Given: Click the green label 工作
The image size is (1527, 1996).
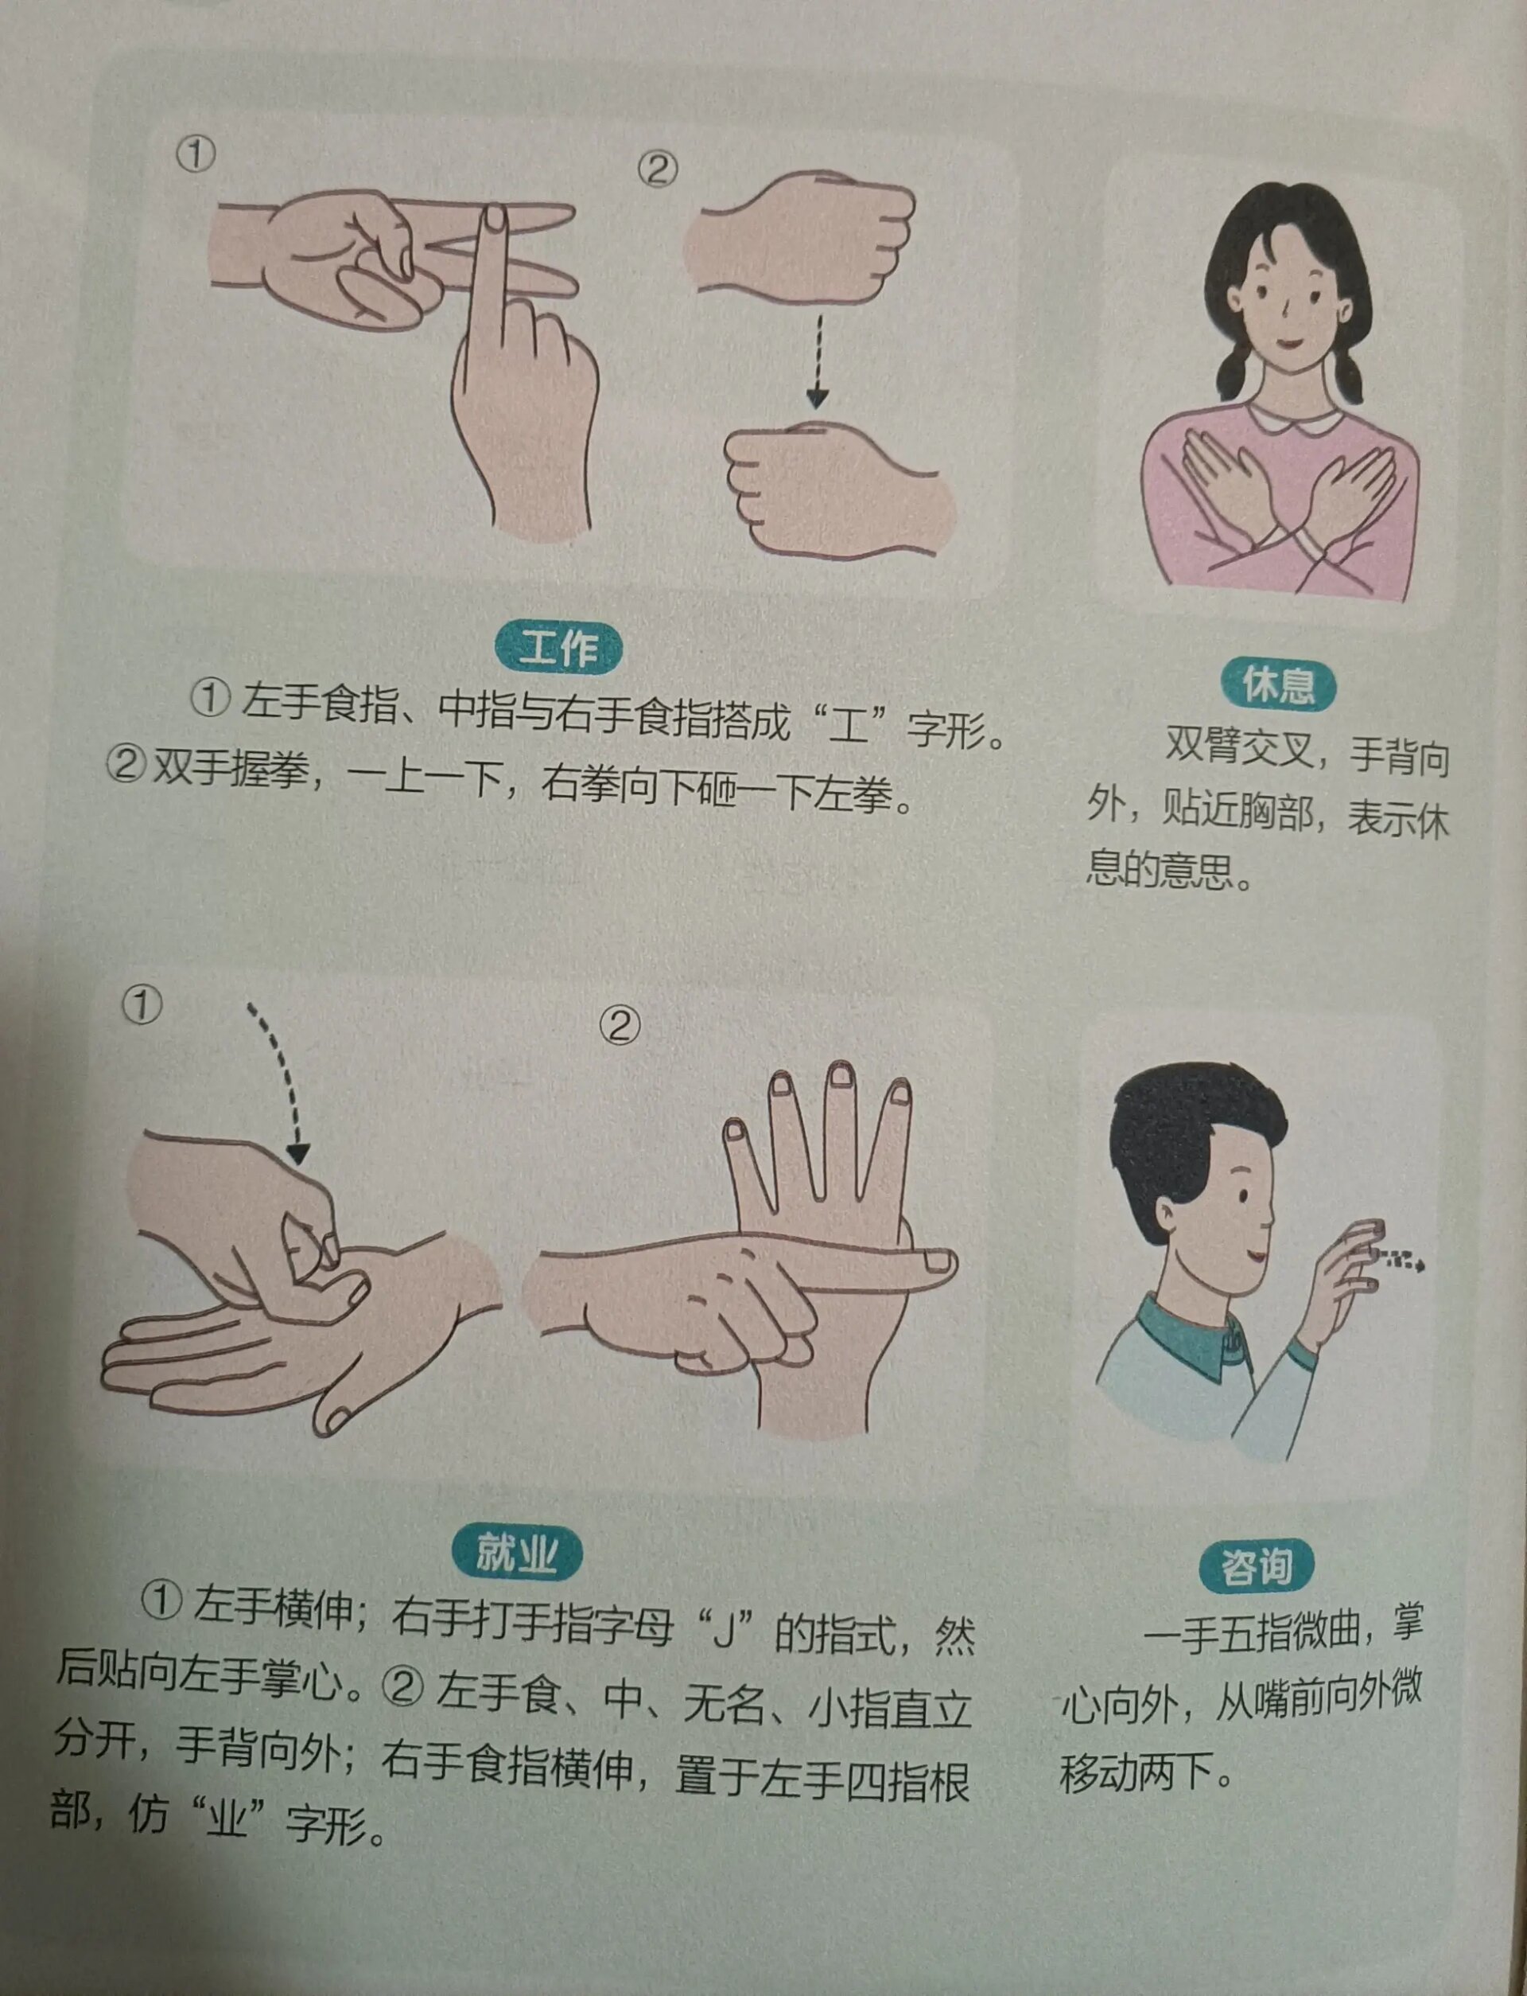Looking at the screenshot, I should (558, 649).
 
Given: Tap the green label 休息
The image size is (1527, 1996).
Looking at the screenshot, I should (1277, 684).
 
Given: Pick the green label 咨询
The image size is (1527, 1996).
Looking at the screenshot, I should (1255, 1567).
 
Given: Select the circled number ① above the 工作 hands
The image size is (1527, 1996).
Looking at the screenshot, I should (196, 154).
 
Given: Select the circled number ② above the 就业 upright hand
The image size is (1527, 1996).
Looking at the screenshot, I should (620, 1026).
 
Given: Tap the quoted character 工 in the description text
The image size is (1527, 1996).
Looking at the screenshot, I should (850, 726).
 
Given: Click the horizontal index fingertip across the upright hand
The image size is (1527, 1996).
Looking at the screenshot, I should (936, 1261).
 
